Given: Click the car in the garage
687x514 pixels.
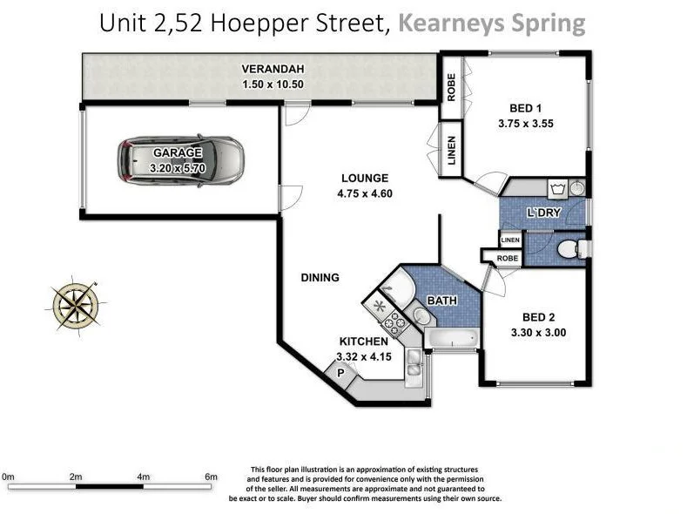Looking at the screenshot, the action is click(x=180, y=160).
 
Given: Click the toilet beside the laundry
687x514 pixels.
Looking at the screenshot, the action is click(x=575, y=250).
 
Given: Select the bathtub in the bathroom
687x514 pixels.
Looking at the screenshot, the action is click(x=452, y=338).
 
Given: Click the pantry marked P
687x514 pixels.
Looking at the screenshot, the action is click(x=340, y=374).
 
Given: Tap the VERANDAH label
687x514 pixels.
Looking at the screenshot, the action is click(x=273, y=69).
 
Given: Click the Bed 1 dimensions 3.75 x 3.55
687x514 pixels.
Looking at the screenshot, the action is click(x=526, y=124).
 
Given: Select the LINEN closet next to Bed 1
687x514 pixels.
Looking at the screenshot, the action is click(x=451, y=149).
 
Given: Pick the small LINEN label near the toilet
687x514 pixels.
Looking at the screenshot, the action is click(x=510, y=240).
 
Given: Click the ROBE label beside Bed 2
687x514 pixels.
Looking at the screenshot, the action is click(x=508, y=259).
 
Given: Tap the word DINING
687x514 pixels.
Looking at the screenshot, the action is click(x=320, y=277).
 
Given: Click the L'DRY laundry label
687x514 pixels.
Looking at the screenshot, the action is click(x=543, y=213).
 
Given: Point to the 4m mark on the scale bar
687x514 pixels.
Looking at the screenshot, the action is click(x=143, y=477).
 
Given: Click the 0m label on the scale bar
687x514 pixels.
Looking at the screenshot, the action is click(x=8, y=477).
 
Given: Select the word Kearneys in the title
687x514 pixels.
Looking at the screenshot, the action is click(x=451, y=24).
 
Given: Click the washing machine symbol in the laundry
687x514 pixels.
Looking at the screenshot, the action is click(x=557, y=189).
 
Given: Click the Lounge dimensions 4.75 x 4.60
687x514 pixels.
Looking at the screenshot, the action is click(x=365, y=193).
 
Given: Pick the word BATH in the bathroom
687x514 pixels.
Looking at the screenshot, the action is click(x=442, y=301).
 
